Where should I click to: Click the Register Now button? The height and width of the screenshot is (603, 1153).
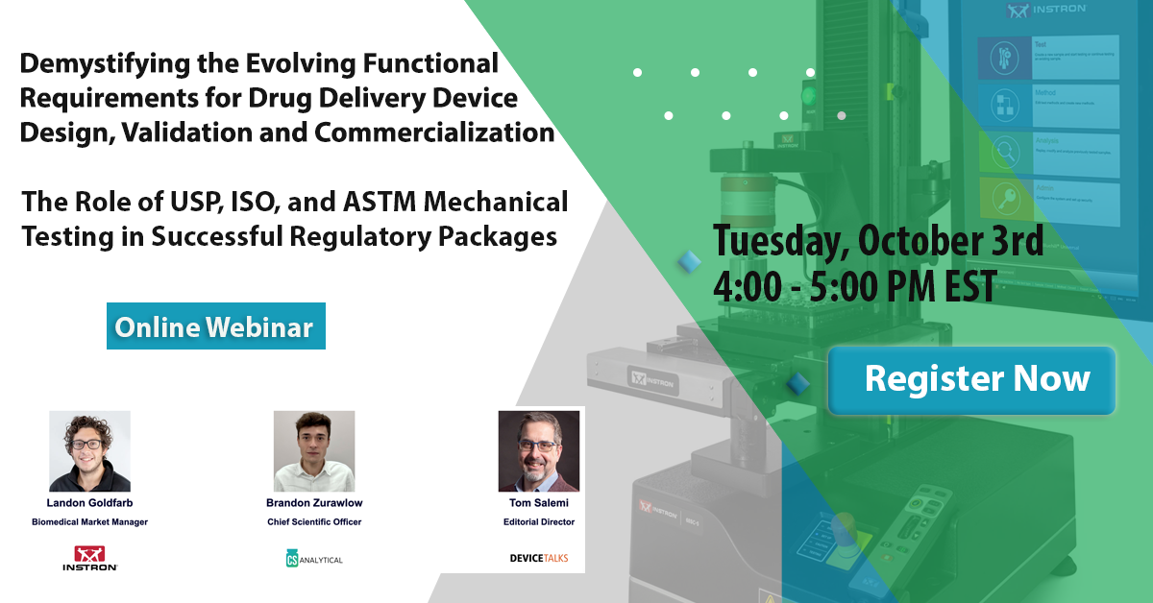[x=971, y=378]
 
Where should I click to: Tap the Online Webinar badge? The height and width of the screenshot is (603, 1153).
[x=215, y=326]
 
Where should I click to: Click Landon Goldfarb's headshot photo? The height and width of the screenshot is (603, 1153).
[x=89, y=451]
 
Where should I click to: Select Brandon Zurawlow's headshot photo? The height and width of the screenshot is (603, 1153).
[x=314, y=451]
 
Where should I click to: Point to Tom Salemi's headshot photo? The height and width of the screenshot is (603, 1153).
[x=539, y=451]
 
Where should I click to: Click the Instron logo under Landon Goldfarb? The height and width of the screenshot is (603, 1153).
[x=96, y=558]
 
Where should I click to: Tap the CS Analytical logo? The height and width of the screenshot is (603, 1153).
[x=314, y=558]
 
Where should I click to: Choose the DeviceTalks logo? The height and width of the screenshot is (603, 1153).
[x=539, y=557]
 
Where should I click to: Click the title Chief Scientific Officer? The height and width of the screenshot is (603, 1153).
[x=314, y=521]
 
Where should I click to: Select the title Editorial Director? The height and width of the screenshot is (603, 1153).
[x=539, y=521]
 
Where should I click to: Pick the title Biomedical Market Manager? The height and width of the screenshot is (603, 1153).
[x=89, y=521]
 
